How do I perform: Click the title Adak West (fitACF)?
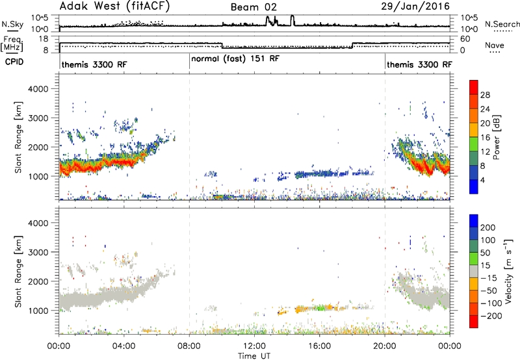click(114, 6)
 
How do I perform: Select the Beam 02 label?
click(253, 7)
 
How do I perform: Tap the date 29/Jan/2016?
click(415, 6)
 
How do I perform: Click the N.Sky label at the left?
click(12, 24)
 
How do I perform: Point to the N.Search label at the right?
click(502, 24)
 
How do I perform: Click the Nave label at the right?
click(495, 45)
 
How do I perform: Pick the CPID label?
click(14, 62)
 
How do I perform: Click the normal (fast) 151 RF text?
click(235, 59)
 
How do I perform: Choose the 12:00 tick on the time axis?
click(254, 346)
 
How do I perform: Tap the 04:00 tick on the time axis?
click(124, 346)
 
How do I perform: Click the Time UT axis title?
click(254, 356)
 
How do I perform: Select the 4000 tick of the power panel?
click(38, 89)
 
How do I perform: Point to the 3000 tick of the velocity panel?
click(38, 252)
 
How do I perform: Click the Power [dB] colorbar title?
click(497, 137)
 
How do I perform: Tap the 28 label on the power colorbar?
click(485, 95)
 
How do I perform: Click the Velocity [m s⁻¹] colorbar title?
click(508, 271)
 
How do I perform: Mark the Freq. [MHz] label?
click(12, 44)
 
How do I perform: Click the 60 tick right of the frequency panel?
click(465, 39)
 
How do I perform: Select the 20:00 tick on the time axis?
click(385, 346)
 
